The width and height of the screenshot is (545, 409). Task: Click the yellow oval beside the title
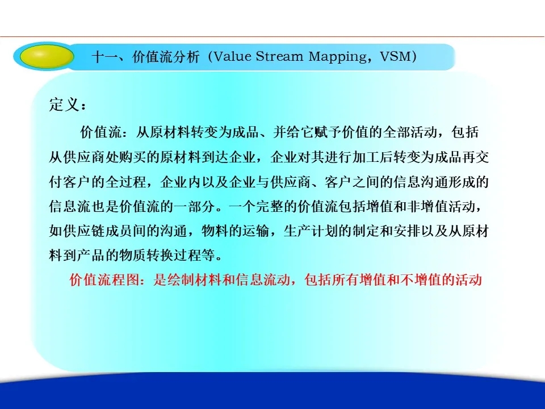(x=47, y=56)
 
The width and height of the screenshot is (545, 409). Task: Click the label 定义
(x=64, y=105)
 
